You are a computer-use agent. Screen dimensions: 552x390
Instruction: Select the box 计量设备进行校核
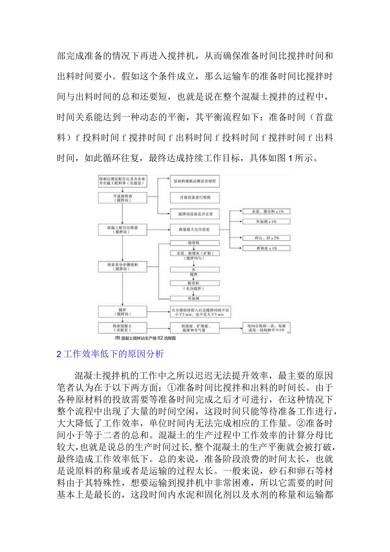pos(195,198)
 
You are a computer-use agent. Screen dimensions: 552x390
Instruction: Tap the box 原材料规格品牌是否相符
pos(195,181)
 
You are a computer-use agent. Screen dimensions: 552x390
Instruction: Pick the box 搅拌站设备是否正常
pos(195,215)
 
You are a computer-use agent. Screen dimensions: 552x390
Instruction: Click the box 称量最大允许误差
pos(195,230)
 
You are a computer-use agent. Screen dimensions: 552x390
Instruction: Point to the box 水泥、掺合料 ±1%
pos(266,211)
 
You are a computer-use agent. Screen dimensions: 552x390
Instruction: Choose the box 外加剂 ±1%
pos(266,221)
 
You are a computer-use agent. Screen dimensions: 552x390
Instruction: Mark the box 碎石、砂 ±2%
pos(266,238)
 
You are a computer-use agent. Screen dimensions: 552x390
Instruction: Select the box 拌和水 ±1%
pos(266,248)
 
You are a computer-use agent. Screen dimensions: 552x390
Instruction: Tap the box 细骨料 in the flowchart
pos(195,243)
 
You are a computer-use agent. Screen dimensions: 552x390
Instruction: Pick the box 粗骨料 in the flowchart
pos(195,283)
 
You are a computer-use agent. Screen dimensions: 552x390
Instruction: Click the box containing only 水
pos(195,269)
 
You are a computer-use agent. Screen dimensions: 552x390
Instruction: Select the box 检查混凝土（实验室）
pos(122,328)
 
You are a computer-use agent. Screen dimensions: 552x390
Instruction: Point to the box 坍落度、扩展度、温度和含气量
pos(195,328)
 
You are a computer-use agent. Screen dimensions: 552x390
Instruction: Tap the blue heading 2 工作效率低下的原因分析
pos(110,354)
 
